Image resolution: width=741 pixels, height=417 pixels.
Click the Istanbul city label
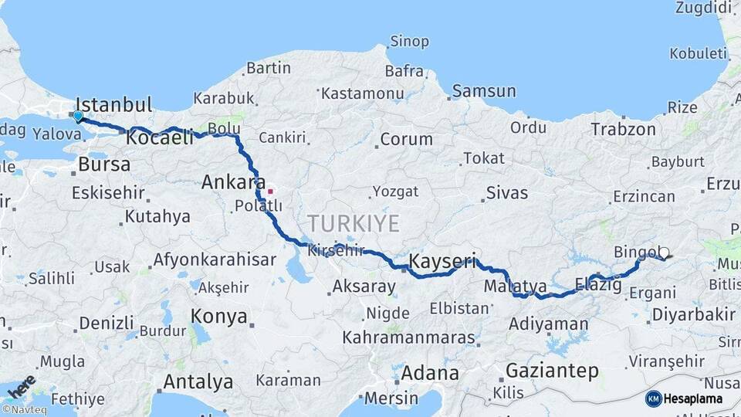tap(114, 105)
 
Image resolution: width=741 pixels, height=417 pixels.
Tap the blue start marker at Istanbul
tap(78, 117)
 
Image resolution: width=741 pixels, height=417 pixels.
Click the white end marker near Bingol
tap(663, 253)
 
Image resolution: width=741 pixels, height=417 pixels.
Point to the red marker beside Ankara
tap(270, 190)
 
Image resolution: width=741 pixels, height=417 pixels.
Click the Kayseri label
tap(443, 261)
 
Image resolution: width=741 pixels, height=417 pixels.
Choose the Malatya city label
tap(516, 287)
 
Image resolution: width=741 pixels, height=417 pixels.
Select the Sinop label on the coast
tap(409, 42)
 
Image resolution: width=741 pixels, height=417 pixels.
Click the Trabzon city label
tap(623, 129)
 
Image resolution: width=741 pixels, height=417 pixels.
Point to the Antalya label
tap(198, 381)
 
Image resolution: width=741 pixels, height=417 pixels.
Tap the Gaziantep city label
tap(552, 371)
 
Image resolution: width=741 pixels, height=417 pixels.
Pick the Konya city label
tap(219, 317)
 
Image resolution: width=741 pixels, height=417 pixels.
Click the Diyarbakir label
tap(693, 314)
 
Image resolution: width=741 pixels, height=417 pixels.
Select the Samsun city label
tap(483, 91)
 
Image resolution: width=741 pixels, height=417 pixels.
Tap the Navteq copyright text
tap(25, 410)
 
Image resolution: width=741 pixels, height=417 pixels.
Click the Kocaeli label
tap(160, 138)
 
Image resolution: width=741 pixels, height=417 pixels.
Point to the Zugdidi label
tap(703, 8)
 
